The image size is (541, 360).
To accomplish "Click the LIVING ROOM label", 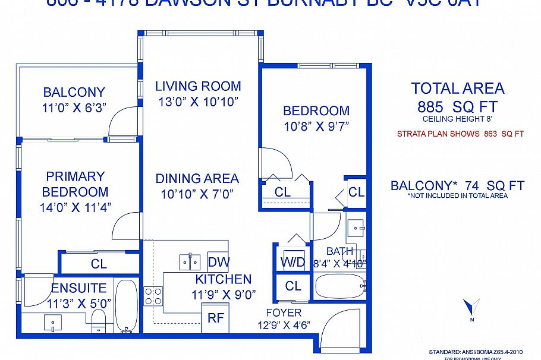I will click(198, 86).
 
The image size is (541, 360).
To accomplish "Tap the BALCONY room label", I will click(74, 92).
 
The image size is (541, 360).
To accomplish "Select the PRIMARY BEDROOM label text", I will click(75, 184).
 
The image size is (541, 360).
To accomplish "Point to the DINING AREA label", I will click(197, 178).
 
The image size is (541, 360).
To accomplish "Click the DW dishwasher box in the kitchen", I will click(218, 262).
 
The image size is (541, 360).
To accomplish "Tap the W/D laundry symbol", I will click(292, 261).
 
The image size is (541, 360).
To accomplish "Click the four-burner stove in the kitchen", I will click(153, 296).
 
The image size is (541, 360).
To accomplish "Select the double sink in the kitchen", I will click(190, 261).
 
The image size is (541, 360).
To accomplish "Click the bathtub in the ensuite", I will click(126, 306).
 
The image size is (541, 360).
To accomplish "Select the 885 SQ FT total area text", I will click(457, 108).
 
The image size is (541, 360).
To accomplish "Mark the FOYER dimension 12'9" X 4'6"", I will click(284, 325).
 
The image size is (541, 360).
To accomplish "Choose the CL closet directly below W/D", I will click(293, 286).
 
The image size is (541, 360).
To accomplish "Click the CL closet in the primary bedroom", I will click(99, 263).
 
